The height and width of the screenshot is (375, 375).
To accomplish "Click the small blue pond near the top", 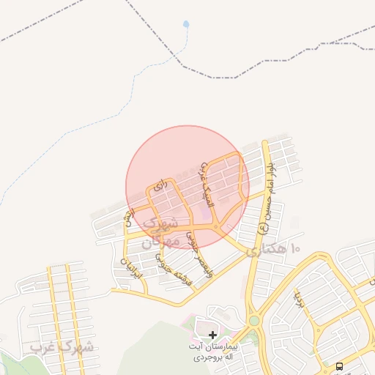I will point(186,24).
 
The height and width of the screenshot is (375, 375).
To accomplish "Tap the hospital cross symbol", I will point(212,335).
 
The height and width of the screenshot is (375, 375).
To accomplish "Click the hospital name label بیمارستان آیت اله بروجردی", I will point(212,349).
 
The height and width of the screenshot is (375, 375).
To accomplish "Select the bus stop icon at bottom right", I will point(339,365).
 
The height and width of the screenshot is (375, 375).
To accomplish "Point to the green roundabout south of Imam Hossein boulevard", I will point(254,321).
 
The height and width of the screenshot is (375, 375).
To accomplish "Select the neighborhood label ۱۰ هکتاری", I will point(273,250).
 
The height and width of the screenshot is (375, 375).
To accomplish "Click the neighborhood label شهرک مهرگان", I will point(161,230).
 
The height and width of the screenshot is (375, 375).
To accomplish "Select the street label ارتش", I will point(130,218).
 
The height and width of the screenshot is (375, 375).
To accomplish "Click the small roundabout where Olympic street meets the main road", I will point(218,229).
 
